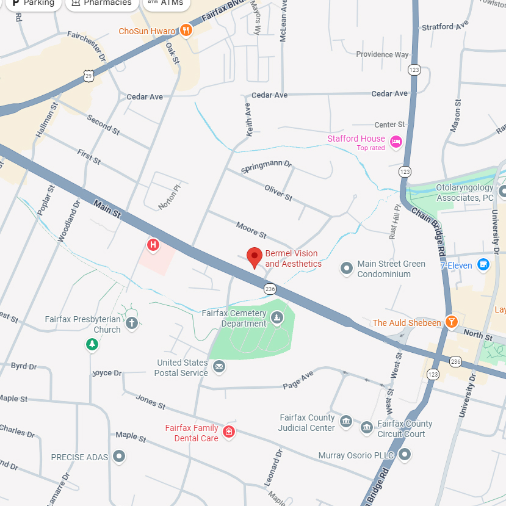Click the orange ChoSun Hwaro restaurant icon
[x=186, y=31]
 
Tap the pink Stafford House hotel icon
[x=396, y=142]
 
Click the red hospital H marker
[x=153, y=245]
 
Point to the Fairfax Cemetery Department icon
[x=277, y=317]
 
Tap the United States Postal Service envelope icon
[x=219, y=367]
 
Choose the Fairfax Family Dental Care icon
[x=229, y=432]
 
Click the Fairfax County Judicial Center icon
[x=346, y=422]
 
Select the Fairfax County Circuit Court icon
[x=366, y=428]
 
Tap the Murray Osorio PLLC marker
[x=405, y=454]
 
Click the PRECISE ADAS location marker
[x=119, y=456]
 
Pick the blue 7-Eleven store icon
[x=483, y=264]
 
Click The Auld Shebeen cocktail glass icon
[x=451, y=322]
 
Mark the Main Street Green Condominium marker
[x=347, y=267]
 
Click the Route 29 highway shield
[x=89, y=75]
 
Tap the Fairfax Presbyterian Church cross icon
[x=132, y=323]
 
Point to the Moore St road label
[x=251, y=231]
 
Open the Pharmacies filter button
[x=101, y=3]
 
